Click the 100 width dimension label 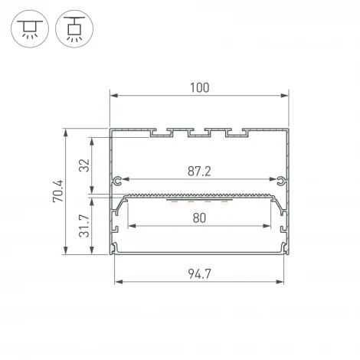199,87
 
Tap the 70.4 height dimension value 58,191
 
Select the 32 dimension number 84,165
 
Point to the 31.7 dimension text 84,226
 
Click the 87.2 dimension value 199,172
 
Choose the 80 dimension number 199,218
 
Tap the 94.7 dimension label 199,274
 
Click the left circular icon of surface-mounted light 30,29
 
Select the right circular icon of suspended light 74,29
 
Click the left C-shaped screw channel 117,181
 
